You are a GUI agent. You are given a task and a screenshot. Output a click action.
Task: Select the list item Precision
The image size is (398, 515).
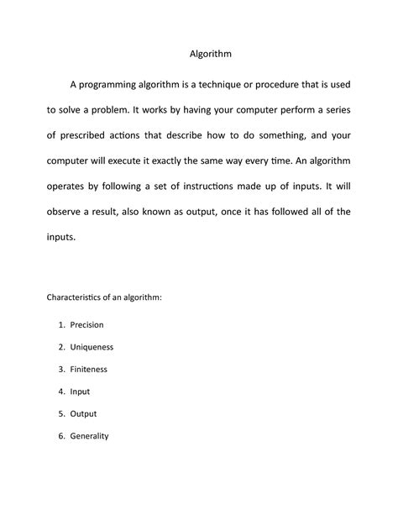click(86, 324)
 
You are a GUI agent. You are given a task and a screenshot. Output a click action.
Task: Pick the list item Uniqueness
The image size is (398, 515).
click(92, 346)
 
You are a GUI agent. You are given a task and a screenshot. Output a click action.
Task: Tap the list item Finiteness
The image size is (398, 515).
click(89, 369)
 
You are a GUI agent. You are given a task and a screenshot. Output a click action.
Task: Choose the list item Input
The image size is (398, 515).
click(80, 391)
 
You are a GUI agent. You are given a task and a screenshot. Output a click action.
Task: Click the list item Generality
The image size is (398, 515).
click(90, 436)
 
